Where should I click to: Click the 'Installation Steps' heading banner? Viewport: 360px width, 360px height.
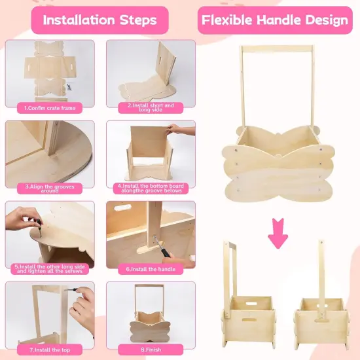pos(99,20)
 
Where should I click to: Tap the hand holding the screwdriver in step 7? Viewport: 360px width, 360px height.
pos(82,308)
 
